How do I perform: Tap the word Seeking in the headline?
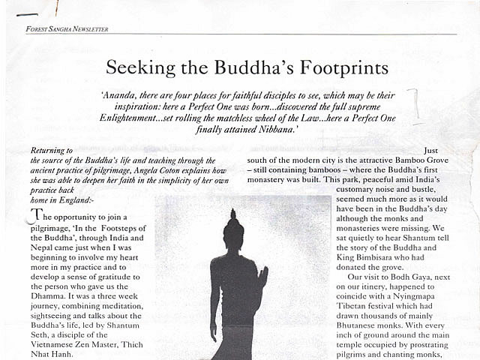pyautogui.click(x=137, y=68)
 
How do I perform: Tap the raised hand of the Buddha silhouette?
pyautogui.click(x=262, y=280)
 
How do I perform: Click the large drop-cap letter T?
pyautogui.click(x=34, y=216)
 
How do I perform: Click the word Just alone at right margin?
pyautogui.click(x=430, y=151)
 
